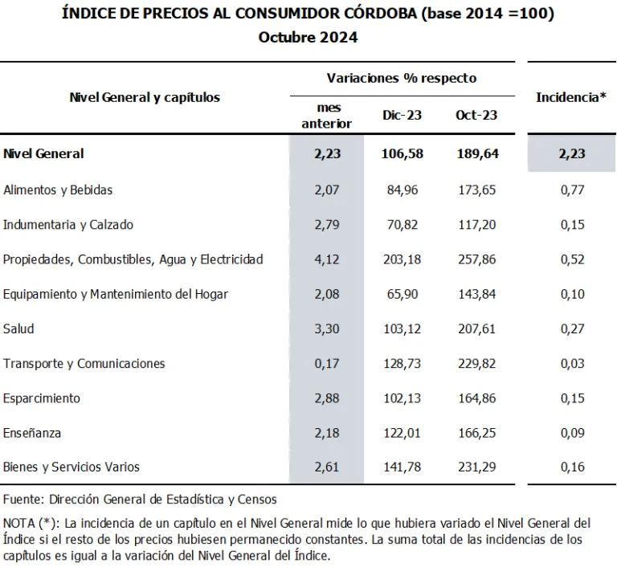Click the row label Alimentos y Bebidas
click(x=58, y=190)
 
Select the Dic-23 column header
click(x=402, y=115)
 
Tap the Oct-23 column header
click(x=476, y=115)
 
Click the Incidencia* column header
click(x=571, y=97)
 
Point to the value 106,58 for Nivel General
click(x=402, y=153)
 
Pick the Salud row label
click(x=18, y=329)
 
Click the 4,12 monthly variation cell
click(x=327, y=259)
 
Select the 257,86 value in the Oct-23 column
click(x=476, y=259)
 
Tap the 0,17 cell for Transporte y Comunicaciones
click(x=327, y=364)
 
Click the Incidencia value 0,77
click(x=571, y=190)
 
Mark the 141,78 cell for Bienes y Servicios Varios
click(x=402, y=467)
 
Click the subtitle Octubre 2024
click(x=308, y=38)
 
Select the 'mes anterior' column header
click(x=327, y=116)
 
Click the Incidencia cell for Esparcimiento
click(x=571, y=398)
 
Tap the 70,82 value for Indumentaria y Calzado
click(x=402, y=225)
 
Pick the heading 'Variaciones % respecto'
click(x=402, y=78)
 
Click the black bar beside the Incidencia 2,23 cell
click(x=524, y=154)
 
